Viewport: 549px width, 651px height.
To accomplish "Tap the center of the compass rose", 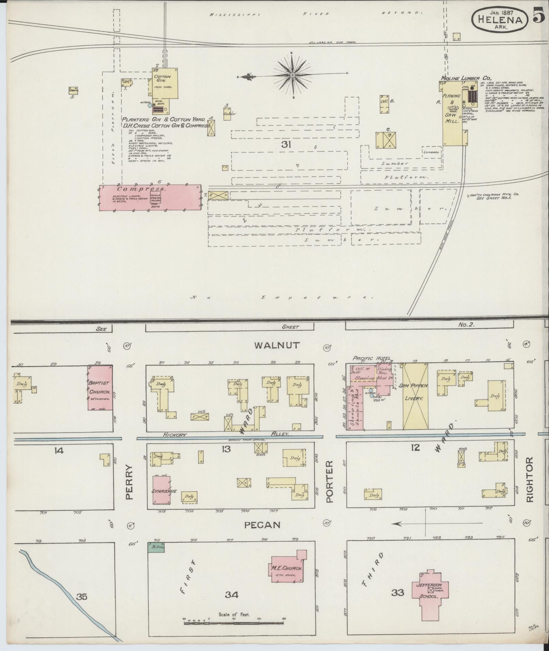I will (x=293, y=75).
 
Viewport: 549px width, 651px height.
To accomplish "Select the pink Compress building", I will (x=150, y=198).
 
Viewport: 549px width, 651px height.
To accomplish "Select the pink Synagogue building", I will (x=161, y=490).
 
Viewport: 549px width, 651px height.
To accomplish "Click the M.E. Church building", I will (x=287, y=568).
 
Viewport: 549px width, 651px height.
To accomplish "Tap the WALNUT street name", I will (x=277, y=345).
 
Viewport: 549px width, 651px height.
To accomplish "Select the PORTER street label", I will (x=329, y=482).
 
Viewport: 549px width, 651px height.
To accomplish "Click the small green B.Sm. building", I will (x=156, y=547).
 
